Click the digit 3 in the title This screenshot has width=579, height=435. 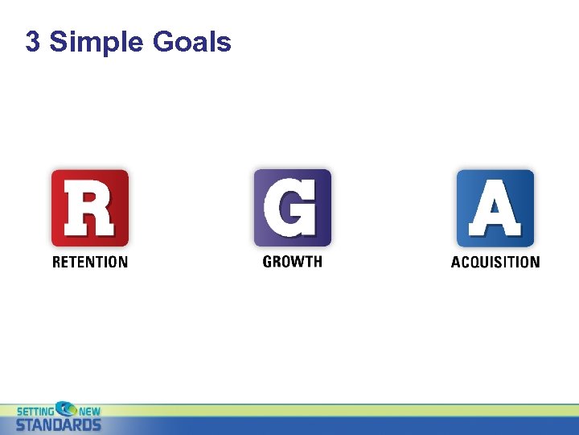point(33,42)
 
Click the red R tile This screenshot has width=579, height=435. point(89,208)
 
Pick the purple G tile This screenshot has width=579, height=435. point(292,207)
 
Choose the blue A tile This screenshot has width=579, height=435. point(495,208)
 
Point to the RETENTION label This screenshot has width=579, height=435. point(89,262)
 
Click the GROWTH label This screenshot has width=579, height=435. point(292,262)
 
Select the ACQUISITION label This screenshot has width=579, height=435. point(495,262)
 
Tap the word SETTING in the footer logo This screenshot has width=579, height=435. point(35,411)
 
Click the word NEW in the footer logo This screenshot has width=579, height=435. point(89,411)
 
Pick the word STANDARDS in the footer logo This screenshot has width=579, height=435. point(59,425)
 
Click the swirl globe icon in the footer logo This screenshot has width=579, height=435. point(65,408)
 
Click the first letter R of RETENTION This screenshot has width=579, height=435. point(56,262)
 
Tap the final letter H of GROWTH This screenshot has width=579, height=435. point(318,262)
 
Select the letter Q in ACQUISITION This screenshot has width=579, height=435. point(477,262)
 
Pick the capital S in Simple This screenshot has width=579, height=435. point(58,42)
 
